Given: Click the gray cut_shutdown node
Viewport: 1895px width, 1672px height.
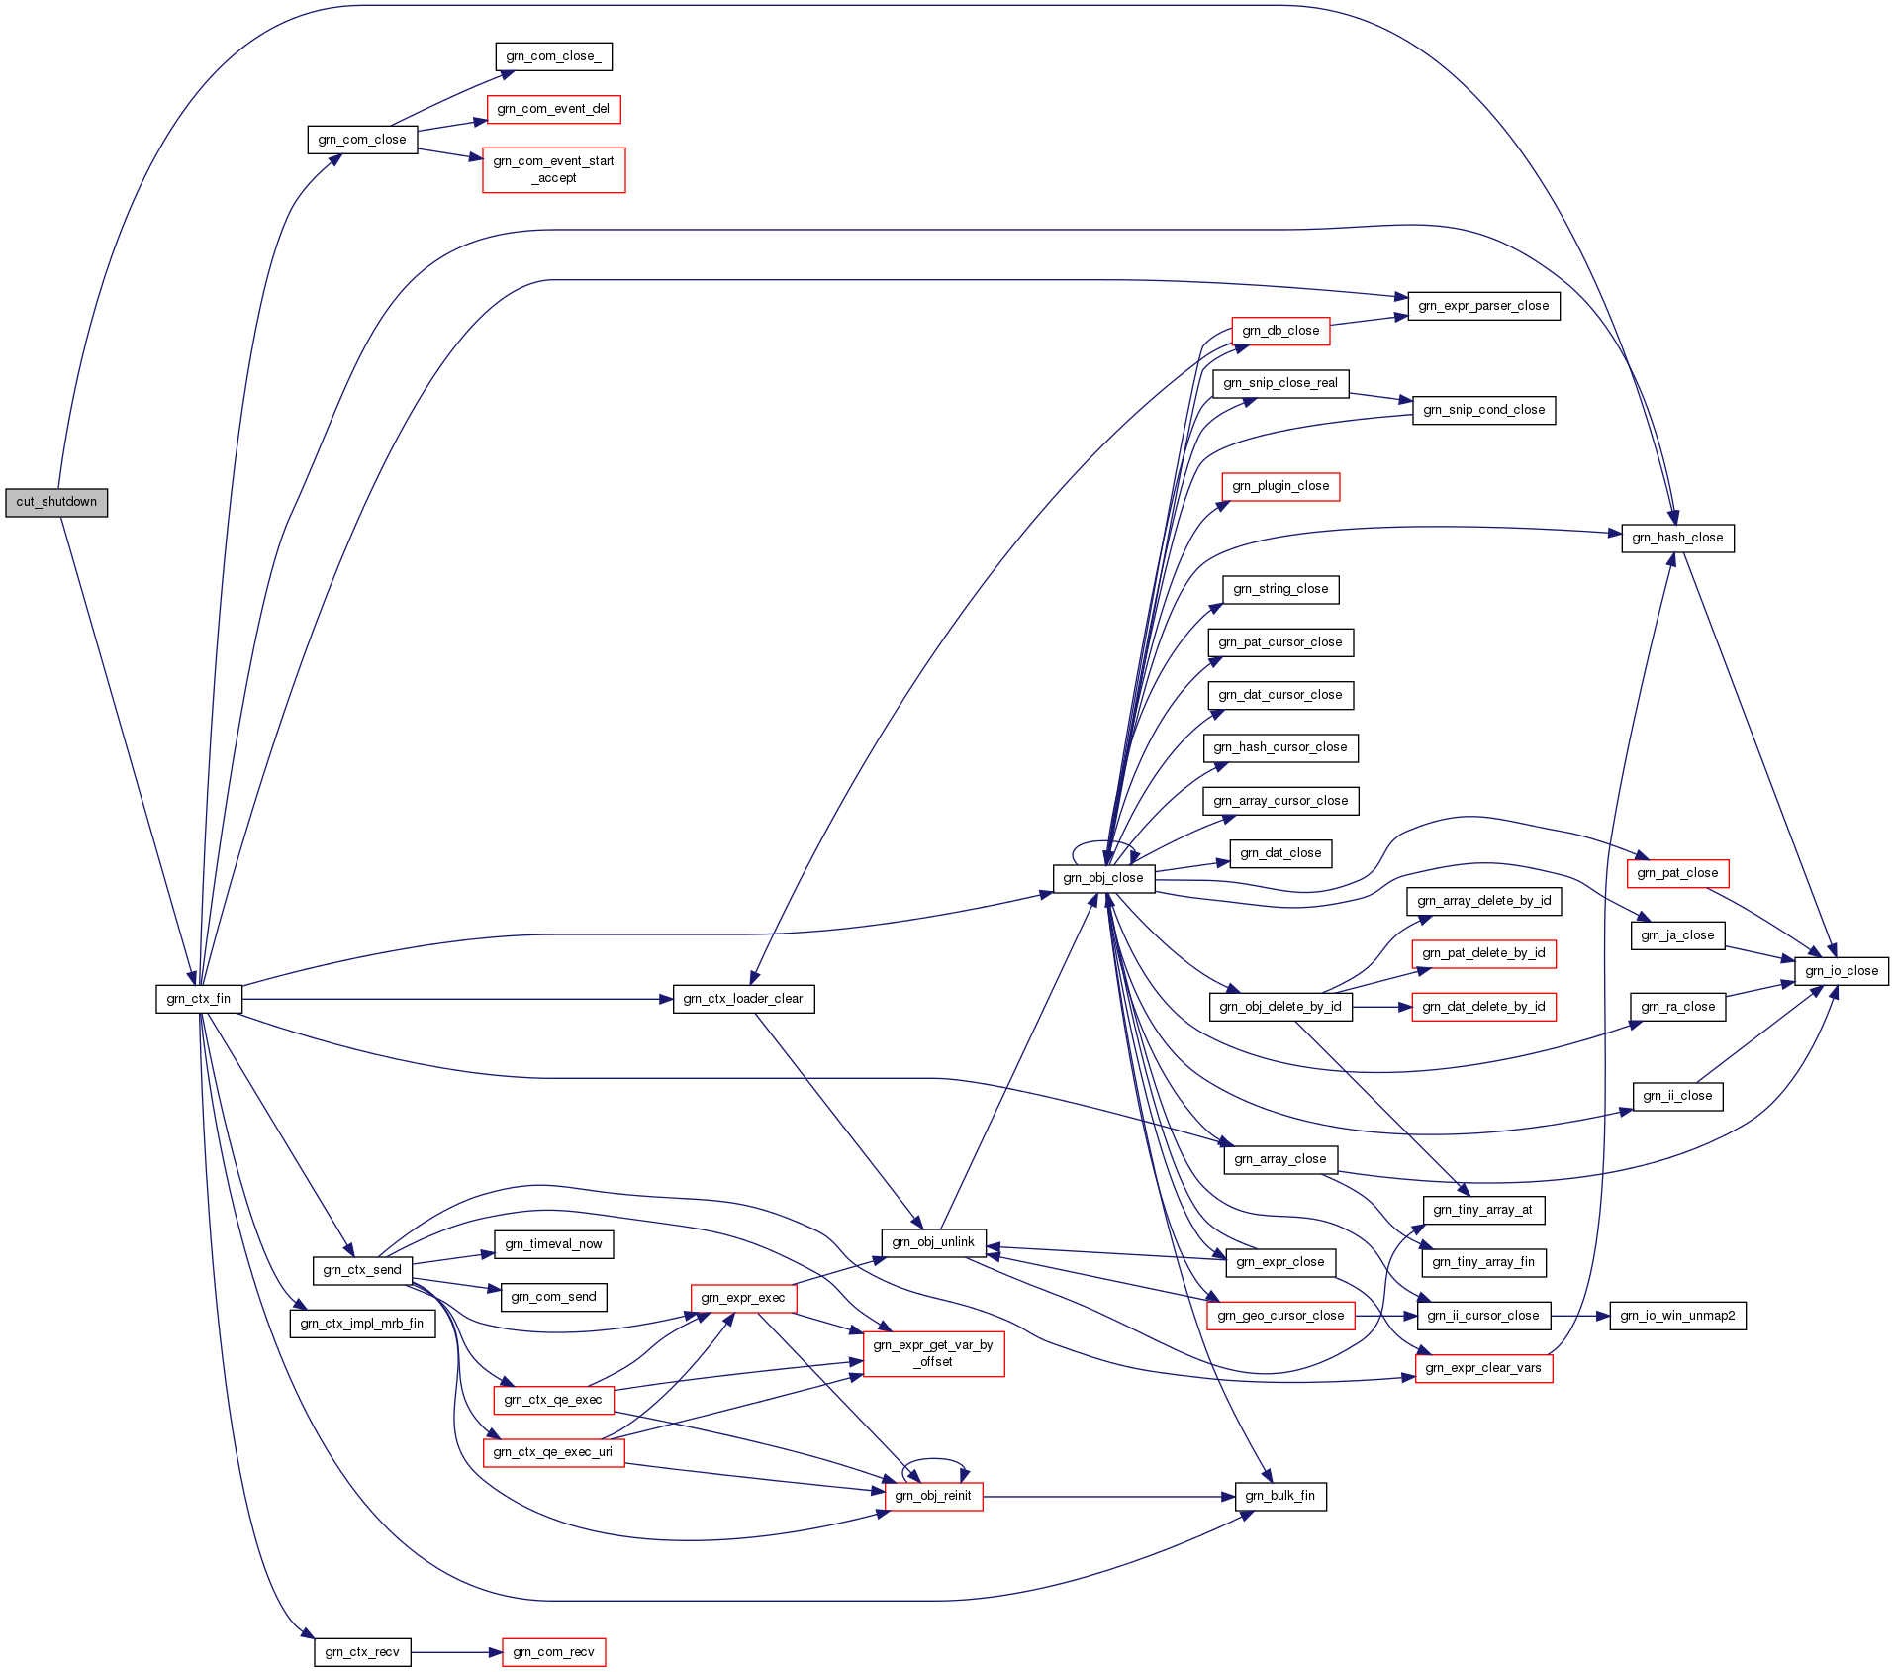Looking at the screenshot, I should [x=56, y=502].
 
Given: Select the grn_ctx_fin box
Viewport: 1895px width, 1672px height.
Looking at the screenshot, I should [x=199, y=999].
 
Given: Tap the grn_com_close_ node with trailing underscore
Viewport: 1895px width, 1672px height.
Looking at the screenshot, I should [x=553, y=56].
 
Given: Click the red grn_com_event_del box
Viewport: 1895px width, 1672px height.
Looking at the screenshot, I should [x=553, y=109].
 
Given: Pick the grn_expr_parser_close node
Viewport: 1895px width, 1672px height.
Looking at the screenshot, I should [x=1483, y=306].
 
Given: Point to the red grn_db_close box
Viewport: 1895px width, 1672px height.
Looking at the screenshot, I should [x=1280, y=331].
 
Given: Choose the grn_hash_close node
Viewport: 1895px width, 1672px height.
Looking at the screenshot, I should [x=1677, y=538].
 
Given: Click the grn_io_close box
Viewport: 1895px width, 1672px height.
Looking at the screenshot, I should [x=1841, y=971].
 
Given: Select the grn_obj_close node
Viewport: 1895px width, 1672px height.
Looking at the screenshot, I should [x=1103, y=878].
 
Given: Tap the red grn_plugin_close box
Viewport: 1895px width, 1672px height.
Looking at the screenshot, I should [x=1280, y=486].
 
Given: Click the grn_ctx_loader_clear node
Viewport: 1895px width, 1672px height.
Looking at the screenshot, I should [x=743, y=999].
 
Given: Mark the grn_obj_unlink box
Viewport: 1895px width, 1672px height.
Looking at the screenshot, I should [x=933, y=1242].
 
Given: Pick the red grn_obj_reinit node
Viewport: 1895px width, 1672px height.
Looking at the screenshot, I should [x=933, y=1496].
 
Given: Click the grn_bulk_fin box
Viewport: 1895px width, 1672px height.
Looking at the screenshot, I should [x=1280, y=1496].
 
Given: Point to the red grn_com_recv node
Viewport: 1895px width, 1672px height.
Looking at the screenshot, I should [x=553, y=1652].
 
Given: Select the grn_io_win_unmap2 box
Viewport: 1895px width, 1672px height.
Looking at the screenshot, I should [x=1677, y=1316].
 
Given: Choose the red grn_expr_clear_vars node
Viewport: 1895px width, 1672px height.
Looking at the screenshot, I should [x=1483, y=1368].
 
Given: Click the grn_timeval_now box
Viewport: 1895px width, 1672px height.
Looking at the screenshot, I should [x=553, y=1244].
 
